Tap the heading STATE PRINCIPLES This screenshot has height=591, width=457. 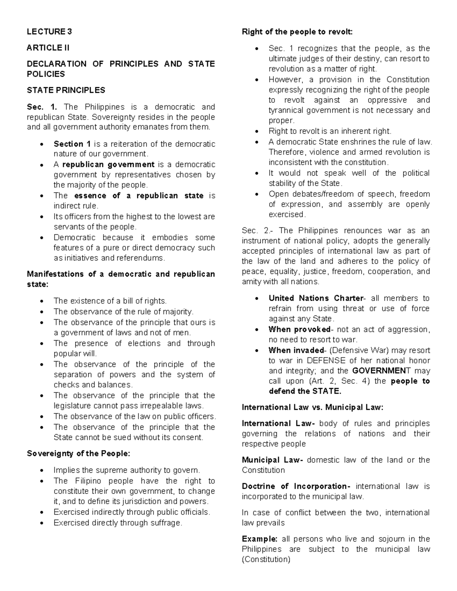(x=66, y=90)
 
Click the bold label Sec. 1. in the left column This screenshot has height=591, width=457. (x=41, y=107)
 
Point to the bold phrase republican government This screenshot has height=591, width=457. (x=108, y=164)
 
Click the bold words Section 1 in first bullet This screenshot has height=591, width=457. (x=72, y=144)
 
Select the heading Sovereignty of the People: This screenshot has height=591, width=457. (x=78, y=454)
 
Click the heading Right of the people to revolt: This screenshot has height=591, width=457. (x=297, y=32)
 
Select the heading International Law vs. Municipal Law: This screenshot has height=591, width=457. (x=313, y=407)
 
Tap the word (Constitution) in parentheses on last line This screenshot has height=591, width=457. (x=266, y=559)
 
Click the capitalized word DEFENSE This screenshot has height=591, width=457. (x=324, y=360)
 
